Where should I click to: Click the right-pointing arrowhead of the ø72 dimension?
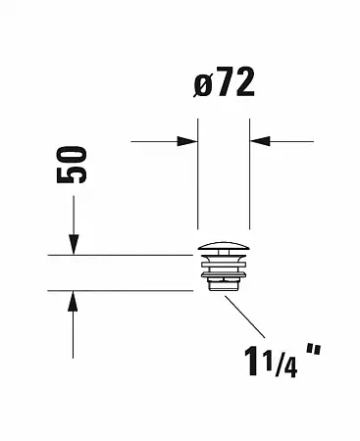190,141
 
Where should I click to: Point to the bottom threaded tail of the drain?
224,284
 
